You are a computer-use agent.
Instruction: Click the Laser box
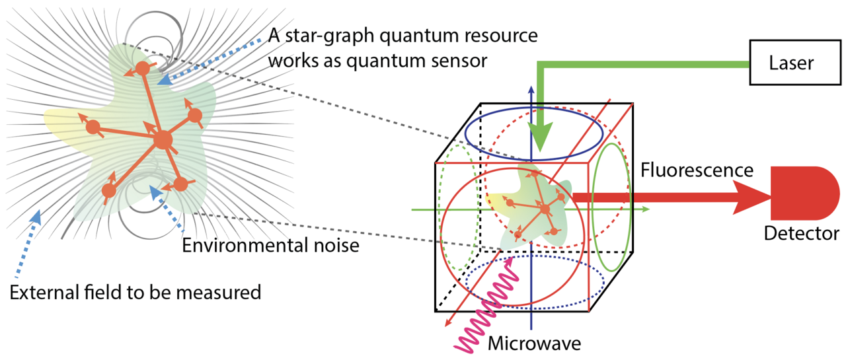(x=792, y=63)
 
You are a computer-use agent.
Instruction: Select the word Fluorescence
(x=697, y=170)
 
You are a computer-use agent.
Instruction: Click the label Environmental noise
(x=270, y=246)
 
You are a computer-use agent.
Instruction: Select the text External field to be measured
(x=135, y=291)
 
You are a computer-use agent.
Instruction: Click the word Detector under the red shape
(x=801, y=233)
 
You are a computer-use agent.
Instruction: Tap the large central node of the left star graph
(x=163, y=139)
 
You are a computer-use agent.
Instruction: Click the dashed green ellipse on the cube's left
(x=455, y=209)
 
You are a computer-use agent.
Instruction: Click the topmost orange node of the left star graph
(x=142, y=67)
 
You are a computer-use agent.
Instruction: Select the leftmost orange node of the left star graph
(x=94, y=127)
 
